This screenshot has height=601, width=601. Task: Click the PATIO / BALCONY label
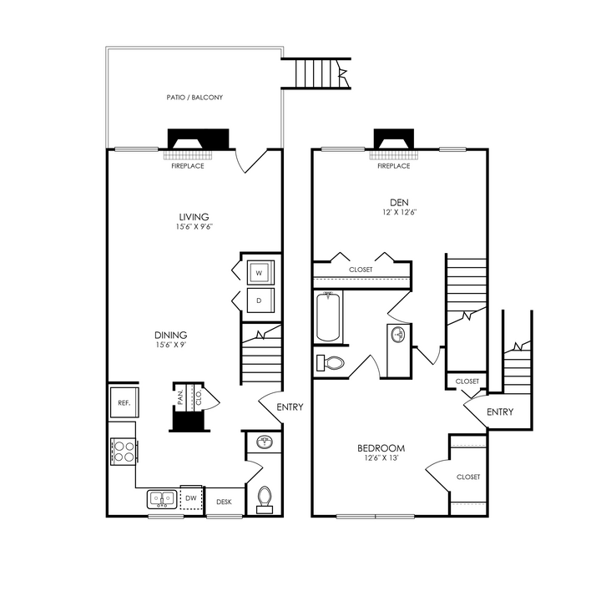click(x=194, y=98)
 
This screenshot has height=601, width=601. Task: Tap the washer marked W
click(x=260, y=272)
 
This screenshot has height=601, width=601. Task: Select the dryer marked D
click(x=260, y=300)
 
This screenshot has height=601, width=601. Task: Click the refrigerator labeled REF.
click(x=124, y=402)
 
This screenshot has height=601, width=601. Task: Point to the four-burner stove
click(x=124, y=452)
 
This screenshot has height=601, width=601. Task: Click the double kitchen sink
click(x=163, y=499)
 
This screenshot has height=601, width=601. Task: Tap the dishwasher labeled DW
click(x=191, y=499)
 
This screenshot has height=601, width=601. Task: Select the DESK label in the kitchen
click(x=224, y=502)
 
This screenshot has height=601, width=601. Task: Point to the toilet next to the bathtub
click(x=331, y=363)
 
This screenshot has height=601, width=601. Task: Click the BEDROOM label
click(x=385, y=448)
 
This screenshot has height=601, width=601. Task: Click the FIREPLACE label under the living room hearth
click(x=187, y=166)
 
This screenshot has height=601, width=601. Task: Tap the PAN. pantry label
click(x=180, y=396)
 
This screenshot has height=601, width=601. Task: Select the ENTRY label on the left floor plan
click(x=289, y=407)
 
